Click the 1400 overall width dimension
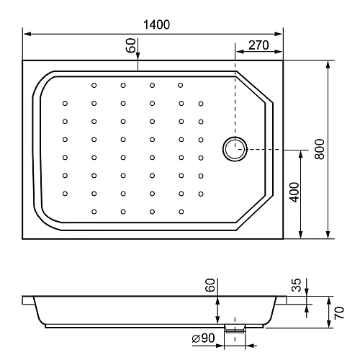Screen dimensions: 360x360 pos(156,24)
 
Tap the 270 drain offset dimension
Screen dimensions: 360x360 pos(258,45)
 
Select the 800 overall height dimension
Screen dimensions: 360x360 pos(320,149)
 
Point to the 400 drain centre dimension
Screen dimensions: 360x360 pos(294,192)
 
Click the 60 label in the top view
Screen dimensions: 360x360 pos(131,45)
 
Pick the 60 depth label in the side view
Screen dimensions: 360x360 pos(210,285)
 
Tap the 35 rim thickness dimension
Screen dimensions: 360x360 pos(297,285)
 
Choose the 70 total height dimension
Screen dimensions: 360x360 pos(339,312)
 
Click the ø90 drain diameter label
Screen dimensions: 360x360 pos(203,338)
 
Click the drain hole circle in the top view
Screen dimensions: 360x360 pos(235,138)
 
